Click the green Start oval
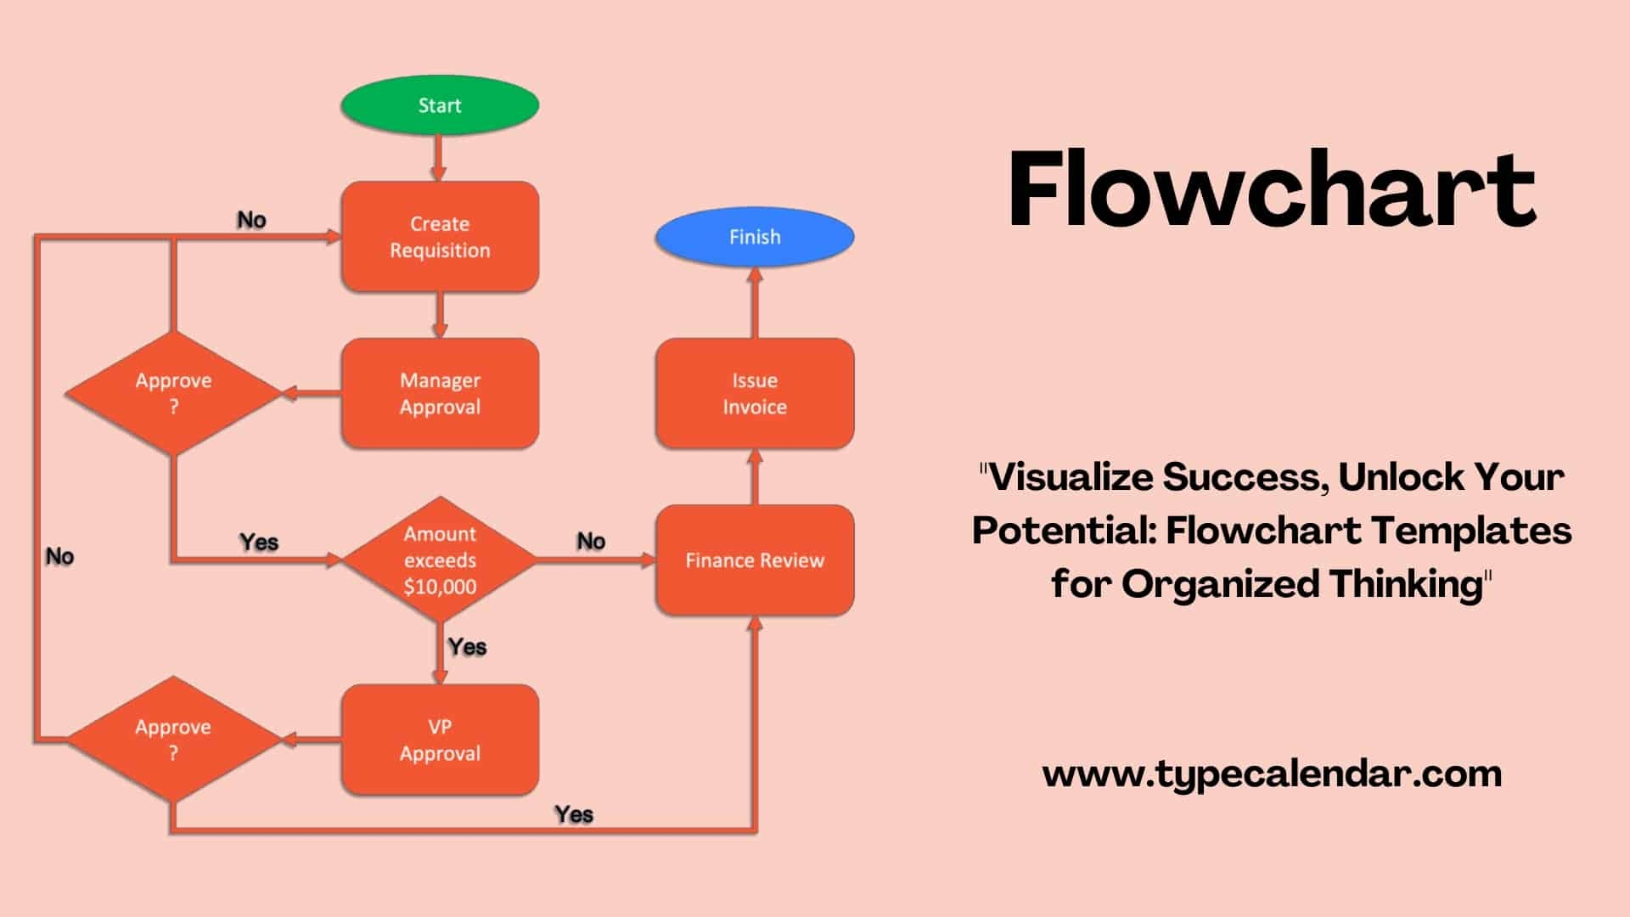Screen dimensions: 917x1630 [x=440, y=105]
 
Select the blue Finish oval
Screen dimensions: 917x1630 [x=754, y=237]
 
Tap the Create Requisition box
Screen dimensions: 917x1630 [x=440, y=237]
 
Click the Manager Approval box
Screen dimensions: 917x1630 [x=440, y=393]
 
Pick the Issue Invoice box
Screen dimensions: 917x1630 [x=754, y=393]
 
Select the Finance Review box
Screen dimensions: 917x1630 [x=754, y=560]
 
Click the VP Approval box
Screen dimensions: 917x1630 [x=440, y=740]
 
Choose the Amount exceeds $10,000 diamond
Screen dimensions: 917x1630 [x=440, y=560]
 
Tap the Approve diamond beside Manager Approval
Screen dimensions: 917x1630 [x=173, y=393]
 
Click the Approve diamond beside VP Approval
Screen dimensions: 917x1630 [x=173, y=740]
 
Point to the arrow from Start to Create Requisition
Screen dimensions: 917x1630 [x=439, y=158]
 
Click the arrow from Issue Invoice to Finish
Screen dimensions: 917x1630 [x=755, y=302]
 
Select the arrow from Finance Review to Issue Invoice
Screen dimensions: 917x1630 [x=755, y=477]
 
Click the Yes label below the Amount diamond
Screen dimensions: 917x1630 [x=467, y=647]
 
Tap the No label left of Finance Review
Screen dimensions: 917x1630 [x=591, y=541]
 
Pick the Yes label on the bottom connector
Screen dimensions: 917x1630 [x=574, y=814]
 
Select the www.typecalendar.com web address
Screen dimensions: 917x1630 [x=1272, y=774]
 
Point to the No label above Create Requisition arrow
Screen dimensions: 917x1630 [x=251, y=220]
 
